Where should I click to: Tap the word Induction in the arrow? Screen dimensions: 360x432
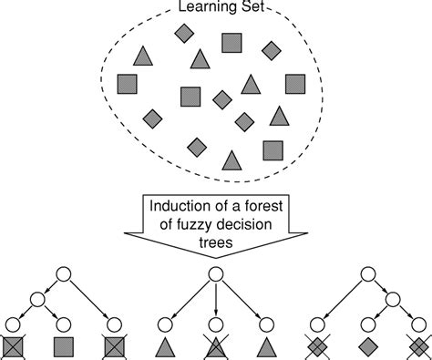(179, 207)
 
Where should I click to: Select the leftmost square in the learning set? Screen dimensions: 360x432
(128, 84)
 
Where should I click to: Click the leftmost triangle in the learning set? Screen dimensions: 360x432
(141, 56)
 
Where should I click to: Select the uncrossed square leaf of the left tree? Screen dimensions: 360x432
(64, 345)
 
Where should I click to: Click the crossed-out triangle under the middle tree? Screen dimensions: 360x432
(216, 345)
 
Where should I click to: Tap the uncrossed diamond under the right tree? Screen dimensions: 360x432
(366, 345)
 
